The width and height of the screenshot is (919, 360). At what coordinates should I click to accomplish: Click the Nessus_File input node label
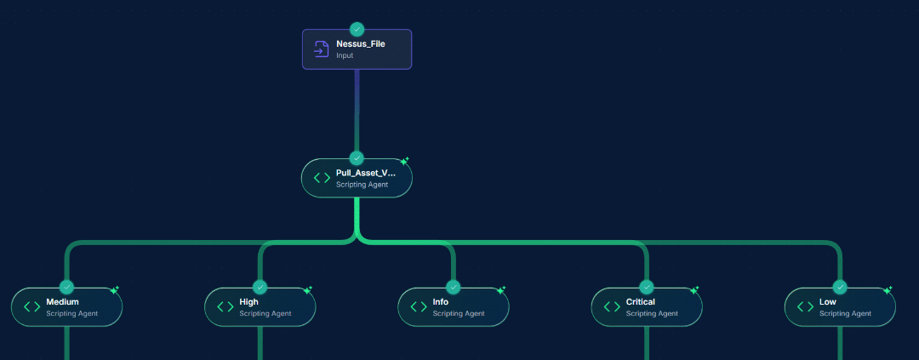click(360, 43)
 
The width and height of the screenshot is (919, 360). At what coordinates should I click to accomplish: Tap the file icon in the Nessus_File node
click(322, 49)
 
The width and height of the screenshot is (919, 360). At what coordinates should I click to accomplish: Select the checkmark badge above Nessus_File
click(357, 29)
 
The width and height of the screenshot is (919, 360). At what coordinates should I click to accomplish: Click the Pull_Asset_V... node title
click(365, 173)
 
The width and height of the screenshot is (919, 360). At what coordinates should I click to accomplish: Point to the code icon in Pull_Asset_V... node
click(322, 178)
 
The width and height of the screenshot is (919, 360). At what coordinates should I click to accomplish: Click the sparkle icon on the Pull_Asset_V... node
click(405, 161)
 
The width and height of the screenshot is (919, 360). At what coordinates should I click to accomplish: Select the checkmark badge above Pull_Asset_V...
click(357, 158)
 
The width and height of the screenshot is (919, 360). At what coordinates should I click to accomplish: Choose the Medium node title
click(62, 302)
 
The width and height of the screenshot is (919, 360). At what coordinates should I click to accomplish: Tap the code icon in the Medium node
click(31, 307)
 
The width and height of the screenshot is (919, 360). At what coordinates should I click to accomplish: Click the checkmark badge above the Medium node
click(66, 288)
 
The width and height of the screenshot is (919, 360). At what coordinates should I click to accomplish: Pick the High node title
click(248, 302)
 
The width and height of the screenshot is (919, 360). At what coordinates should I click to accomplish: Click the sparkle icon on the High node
click(308, 290)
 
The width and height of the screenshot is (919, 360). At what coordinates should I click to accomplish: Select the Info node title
click(440, 302)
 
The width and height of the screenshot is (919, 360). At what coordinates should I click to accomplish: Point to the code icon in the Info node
click(419, 307)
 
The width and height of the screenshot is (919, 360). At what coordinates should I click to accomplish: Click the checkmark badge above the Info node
click(453, 288)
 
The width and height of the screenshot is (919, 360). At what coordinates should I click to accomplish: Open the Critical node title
click(640, 302)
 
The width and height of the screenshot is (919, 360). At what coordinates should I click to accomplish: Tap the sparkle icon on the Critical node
click(694, 290)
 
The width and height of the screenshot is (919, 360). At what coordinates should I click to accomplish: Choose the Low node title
click(827, 302)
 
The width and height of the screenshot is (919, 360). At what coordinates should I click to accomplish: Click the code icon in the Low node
click(805, 307)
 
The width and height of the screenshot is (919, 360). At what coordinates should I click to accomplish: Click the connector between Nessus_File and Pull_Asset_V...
click(357, 111)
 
